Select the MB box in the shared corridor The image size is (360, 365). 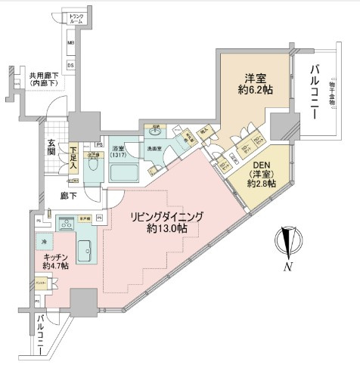pyautogui.click(x=71, y=44)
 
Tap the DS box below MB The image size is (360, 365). pyautogui.click(x=71, y=66)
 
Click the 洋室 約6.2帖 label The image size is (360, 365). pyautogui.click(x=253, y=83)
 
